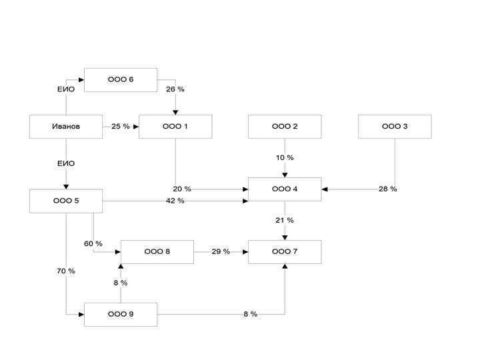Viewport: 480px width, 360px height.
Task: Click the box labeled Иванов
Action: point(66,127)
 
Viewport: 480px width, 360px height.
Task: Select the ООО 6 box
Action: point(121,79)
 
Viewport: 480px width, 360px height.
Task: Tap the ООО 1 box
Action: point(175,127)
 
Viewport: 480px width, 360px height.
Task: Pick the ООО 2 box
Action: point(285,127)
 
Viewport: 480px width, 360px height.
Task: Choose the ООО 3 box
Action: point(395,127)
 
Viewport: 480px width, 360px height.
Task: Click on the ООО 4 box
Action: point(285,189)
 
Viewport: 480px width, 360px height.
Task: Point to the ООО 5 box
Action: point(66,201)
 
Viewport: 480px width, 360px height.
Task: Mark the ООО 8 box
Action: point(157,252)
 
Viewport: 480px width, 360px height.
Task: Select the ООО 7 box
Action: point(285,252)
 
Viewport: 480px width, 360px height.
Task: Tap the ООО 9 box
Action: point(121,314)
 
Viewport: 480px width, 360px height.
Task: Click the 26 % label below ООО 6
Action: point(175,89)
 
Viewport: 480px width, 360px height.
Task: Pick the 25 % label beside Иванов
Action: point(121,127)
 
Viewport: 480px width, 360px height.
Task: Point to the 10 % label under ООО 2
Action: point(285,158)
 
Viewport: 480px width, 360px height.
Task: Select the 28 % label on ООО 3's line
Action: point(387,189)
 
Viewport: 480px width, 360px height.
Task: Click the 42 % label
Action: point(175,201)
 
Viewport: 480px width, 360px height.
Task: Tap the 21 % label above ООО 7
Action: point(285,221)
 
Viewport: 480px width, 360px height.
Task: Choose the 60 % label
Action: point(93,243)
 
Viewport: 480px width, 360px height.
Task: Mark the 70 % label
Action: point(66,271)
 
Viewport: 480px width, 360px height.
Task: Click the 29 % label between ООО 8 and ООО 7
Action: point(221,252)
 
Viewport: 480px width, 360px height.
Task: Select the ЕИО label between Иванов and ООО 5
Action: point(66,163)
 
